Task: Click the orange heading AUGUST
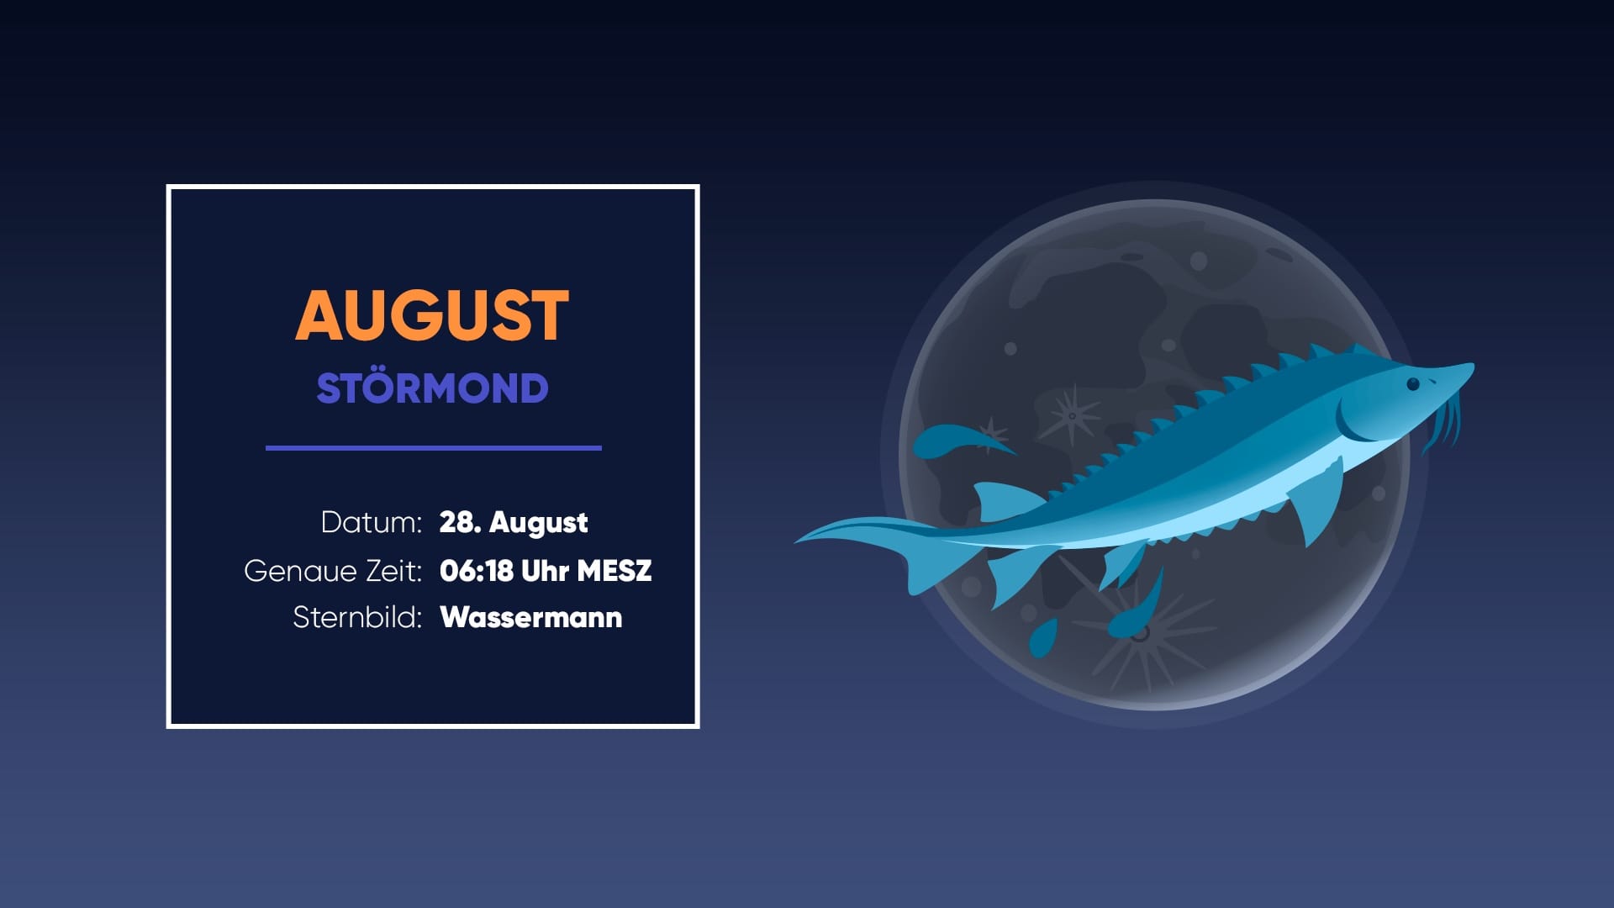tap(432, 315)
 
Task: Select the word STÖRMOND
tap(432, 388)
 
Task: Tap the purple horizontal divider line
tap(433, 448)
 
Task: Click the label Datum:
tap(371, 522)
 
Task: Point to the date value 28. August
tap(513, 522)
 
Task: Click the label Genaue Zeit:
tap(333, 571)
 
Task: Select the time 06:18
tap(476, 571)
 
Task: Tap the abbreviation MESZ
tap(614, 571)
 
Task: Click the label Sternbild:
tap(357, 617)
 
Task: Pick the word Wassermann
tap(530, 617)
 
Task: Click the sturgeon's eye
tap(1413, 384)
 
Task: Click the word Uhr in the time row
tap(545, 571)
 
